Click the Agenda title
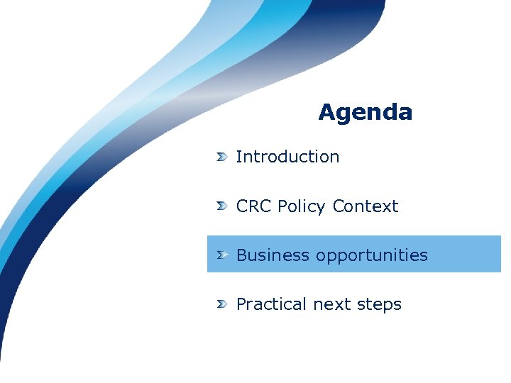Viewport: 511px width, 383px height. (365, 112)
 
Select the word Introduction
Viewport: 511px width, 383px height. (287, 157)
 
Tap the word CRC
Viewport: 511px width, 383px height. (254, 206)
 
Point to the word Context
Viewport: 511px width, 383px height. (365, 206)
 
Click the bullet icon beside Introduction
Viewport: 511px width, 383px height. (222, 157)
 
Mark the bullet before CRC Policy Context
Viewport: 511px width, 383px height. (222, 206)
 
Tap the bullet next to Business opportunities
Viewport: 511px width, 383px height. (222, 255)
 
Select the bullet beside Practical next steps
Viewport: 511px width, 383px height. (222, 304)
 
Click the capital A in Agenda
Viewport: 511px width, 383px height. (326, 112)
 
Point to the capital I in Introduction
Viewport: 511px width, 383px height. (238, 157)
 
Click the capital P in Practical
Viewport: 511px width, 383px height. (241, 304)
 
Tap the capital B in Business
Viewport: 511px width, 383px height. (241, 255)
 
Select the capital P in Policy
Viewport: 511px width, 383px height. (282, 206)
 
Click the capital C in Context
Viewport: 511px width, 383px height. (338, 206)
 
